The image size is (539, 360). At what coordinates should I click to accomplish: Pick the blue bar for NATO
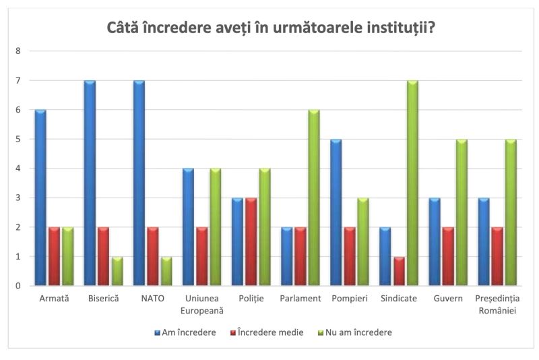pos(139,183)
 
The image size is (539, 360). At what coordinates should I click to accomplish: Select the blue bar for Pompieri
pos(336,212)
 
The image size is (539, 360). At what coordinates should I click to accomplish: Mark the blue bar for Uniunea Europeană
pos(189,227)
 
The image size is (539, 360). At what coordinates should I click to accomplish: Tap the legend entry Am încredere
pos(185,332)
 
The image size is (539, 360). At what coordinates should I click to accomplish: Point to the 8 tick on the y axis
pos(18,51)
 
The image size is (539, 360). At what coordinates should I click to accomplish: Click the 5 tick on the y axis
pos(18,140)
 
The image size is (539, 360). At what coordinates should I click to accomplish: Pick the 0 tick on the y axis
pos(18,287)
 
